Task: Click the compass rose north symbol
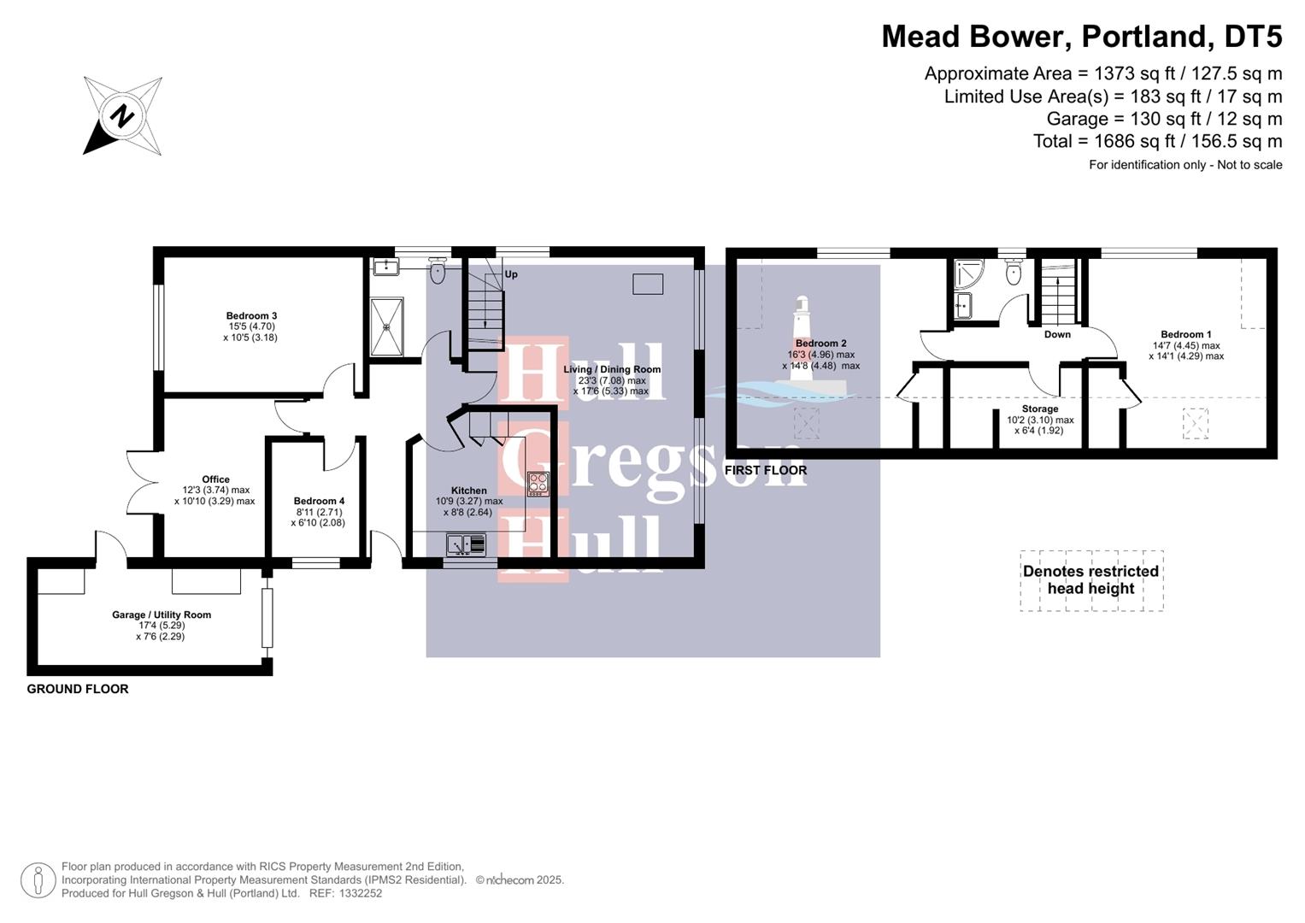(122, 115)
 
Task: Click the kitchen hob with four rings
(538, 484)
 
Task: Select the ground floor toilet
(438, 272)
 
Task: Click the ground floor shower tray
(388, 326)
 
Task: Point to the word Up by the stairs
(511, 274)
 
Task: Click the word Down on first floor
(1057, 334)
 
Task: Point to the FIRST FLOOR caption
(765, 470)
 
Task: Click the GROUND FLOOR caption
(78, 689)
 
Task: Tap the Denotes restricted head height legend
(1090, 580)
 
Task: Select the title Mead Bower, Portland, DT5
(1081, 37)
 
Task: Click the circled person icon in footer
(38, 880)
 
